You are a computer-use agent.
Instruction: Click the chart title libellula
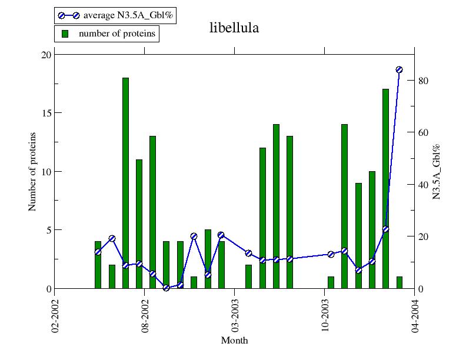[234, 28]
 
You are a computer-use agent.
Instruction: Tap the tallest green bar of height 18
[125, 183]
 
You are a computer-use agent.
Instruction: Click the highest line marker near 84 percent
[399, 69]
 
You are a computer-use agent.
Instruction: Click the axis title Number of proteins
[32, 171]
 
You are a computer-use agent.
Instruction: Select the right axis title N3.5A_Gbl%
[437, 171]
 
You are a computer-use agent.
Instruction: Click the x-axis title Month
[234, 341]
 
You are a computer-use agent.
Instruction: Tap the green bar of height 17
[385, 189]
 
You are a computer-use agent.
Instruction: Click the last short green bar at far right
[399, 282]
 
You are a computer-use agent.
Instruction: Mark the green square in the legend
[65, 34]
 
